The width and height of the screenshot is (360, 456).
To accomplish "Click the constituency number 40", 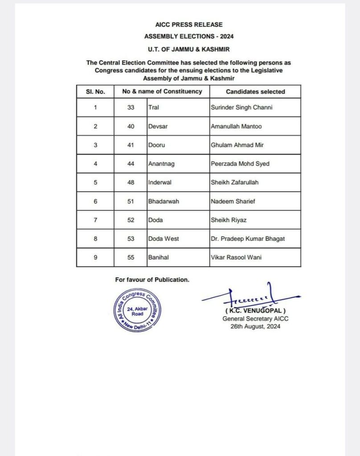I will [x=131, y=126].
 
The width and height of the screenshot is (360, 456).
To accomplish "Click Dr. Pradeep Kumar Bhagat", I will [x=248, y=239].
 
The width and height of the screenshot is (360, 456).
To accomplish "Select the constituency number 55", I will [x=131, y=257].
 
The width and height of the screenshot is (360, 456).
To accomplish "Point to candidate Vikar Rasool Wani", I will [x=236, y=257].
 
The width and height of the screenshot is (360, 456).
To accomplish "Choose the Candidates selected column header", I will [x=255, y=91].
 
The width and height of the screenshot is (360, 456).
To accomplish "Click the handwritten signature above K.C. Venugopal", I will [x=250, y=296].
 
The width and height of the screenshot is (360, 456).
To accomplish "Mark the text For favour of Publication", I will [x=152, y=280].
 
